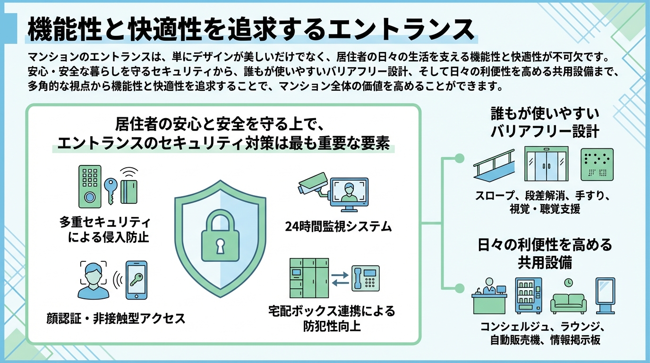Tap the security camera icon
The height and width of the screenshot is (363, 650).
pyautogui.click(x=312, y=185)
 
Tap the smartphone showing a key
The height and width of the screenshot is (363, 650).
pyautogui.click(x=136, y=280)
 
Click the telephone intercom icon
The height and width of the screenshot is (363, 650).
pyautogui.click(x=365, y=278)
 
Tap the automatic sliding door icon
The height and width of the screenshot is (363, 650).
pyautogui.click(x=546, y=164)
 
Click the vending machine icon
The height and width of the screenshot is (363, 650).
pyautogui.click(x=528, y=295)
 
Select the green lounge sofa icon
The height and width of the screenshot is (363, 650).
pyautogui.click(x=569, y=301)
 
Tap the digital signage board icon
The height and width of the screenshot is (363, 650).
pyautogui.click(x=605, y=295)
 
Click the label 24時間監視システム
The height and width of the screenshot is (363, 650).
pyautogui.click(x=339, y=226)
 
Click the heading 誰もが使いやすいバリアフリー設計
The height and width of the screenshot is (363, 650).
pyautogui.click(x=545, y=122)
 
